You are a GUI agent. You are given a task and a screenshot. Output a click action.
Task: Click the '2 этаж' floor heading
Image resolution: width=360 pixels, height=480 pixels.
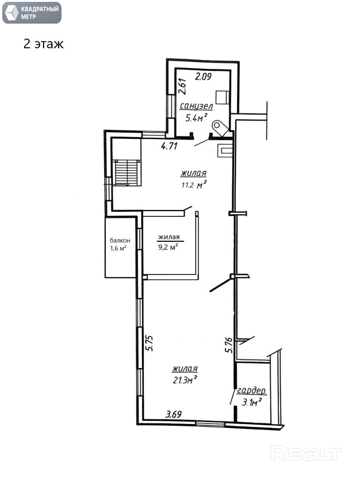pos(43,44)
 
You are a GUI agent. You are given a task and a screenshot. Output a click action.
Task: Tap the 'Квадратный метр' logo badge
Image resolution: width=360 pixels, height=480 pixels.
pos(32,13)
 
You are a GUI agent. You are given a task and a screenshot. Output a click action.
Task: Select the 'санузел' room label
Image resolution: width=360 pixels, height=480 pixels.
pos(196,106)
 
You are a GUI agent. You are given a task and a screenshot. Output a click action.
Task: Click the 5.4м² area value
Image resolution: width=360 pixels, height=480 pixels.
pos(196,118)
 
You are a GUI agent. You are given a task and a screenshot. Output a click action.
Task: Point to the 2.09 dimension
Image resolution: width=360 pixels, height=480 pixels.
pos(203,77)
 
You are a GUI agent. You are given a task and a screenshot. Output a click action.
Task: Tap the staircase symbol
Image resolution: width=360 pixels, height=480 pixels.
pos(127,173)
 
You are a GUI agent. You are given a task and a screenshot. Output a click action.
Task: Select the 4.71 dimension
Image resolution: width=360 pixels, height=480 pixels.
pos(169,146)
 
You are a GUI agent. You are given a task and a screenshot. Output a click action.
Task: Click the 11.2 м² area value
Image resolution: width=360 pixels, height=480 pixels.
pos(194,185)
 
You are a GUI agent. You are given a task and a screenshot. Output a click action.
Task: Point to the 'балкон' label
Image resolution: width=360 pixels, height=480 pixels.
pos(120,240)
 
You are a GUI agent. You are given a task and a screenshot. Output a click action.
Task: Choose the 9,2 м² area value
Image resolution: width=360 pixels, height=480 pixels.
pos(168,247)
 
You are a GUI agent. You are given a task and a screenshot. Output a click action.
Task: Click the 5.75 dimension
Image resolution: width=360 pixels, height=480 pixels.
pos(150,343)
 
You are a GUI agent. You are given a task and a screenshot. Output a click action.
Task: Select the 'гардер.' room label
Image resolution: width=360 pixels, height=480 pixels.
pos(252,391)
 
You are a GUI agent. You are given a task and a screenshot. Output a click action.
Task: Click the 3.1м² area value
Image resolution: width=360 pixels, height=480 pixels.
pos(252,402)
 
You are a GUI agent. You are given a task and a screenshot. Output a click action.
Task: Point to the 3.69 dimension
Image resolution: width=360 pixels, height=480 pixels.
pos(174,414)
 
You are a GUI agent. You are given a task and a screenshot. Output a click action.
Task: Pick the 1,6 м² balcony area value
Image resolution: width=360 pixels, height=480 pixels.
pos(118,248)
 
